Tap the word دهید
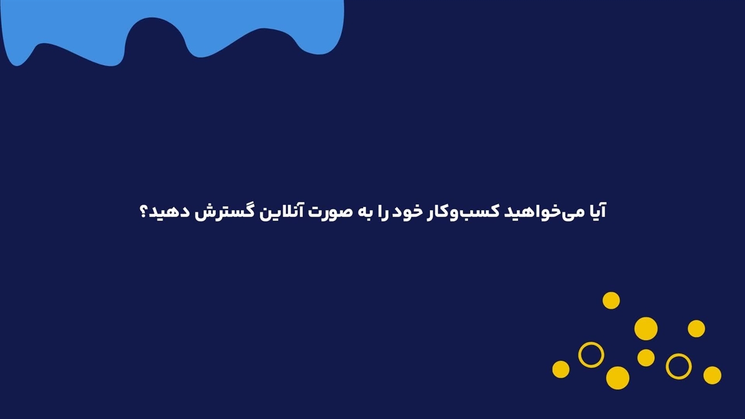(168, 212)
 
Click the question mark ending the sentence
(143, 212)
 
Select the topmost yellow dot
(611, 301)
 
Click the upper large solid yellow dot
(646, 329)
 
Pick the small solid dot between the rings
(646, 358)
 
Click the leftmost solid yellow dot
(560, 370)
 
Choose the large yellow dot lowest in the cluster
(618, 378)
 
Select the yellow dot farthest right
(712, 375)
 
